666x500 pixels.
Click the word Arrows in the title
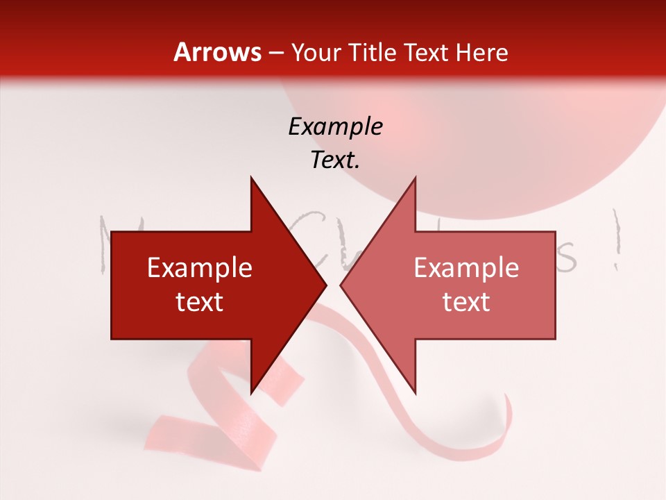[217, 52]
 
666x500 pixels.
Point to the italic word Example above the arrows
[335, 126]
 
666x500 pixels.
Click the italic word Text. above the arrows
[335, 160]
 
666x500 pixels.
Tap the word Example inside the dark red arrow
[200, 268]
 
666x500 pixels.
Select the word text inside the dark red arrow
[200, 302]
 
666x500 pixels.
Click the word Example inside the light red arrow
[466, 268]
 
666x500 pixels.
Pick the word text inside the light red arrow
[466, 302]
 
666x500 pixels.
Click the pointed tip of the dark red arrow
[325, 285]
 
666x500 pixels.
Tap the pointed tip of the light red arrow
[341, 285]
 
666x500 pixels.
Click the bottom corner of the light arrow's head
[415, 392]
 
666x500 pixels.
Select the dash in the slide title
[277, 53]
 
